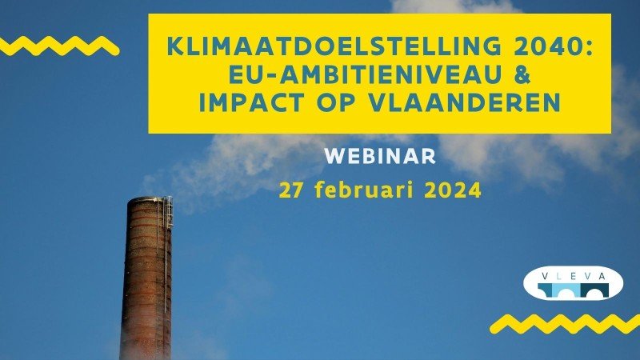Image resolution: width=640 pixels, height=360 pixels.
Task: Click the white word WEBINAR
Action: (380, 156)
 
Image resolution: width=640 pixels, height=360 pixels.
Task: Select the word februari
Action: (363, 190)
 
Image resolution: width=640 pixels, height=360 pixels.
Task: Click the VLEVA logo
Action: (573, 283)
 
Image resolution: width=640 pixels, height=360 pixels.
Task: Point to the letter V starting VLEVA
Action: (545, 276)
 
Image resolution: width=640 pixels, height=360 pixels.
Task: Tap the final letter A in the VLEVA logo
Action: (602, 276)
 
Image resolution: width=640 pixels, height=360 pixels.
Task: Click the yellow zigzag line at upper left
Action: (58, 46)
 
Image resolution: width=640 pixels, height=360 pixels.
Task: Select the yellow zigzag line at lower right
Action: (566, 324)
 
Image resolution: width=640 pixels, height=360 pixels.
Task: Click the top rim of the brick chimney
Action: (148, 200)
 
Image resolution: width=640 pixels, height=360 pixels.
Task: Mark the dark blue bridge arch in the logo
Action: (594, 290)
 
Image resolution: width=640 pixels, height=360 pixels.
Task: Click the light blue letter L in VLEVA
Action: (558, 276)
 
